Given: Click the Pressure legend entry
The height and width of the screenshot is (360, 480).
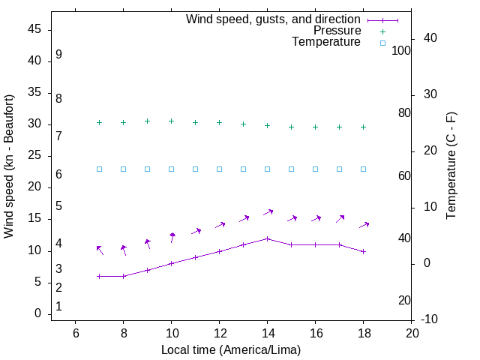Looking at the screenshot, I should tap(337, 31).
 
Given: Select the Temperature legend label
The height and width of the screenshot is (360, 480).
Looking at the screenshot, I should tap(326, 43).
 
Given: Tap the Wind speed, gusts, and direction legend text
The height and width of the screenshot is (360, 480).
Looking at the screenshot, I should tap(273, 19).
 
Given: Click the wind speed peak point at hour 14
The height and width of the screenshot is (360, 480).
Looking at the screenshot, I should tap(267, 238).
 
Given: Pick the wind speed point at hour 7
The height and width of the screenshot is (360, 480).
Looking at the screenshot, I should tap(99, 276).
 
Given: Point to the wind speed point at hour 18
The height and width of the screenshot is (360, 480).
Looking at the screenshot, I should tap(363, 251).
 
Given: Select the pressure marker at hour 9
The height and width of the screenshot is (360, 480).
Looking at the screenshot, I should tap(147, 121).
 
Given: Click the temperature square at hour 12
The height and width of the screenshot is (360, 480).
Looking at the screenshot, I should tap(219, 169).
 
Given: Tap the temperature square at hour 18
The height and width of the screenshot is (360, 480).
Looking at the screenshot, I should tap(363, 169).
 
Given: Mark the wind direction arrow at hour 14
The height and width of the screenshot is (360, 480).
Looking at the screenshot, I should tap(268, 213).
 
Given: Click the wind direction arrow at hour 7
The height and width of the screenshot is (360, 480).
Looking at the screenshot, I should tap(100, 250).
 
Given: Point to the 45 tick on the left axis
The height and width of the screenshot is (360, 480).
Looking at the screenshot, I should tap(34, 29).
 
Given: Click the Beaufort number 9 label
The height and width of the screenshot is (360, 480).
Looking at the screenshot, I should tap(58, 55).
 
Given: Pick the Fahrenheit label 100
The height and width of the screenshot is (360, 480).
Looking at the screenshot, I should tap(401, 50).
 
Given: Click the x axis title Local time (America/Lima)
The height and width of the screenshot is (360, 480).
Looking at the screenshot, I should tap(231, 349).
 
